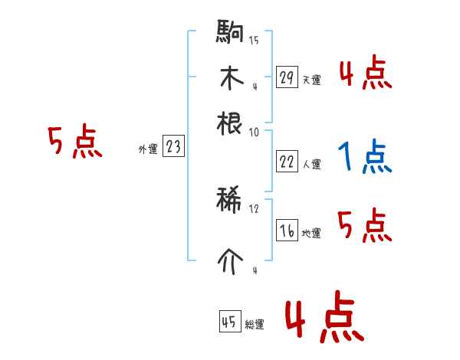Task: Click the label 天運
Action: pyautogui.click(x=311, y=80)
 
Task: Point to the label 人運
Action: pyautogui.click(x=311, y=164)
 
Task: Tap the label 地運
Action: pyautogui.click(x=311, y=234)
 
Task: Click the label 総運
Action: pyautogui.click(x=255, y=325)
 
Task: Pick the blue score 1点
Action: pyautogui.click(x=364, y=157)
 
